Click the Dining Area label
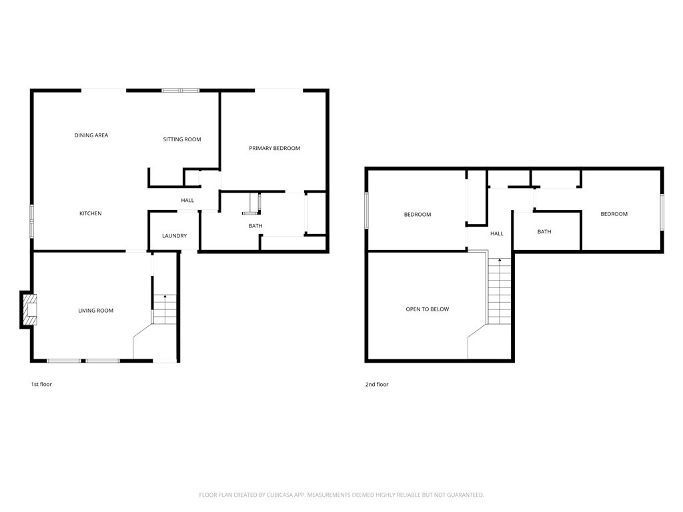coord(91,135)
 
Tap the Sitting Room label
coord(182,139)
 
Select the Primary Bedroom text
coord(274,148)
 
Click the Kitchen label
coord(91,213)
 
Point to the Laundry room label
coord(174,236)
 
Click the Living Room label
coord(96,311)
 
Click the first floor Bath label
coord(255,226)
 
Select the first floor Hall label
coord(187,201)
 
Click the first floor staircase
coord(165,310)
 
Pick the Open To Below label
coord(428,309)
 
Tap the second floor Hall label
coord(497,234)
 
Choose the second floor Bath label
coord(544,232)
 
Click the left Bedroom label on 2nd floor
coord(418,215)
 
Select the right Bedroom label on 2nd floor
coord(614,214)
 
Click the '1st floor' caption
coord(41,385)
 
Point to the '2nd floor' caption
coord(377,385)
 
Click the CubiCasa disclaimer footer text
coord(341,495)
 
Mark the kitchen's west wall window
coord(31,221)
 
